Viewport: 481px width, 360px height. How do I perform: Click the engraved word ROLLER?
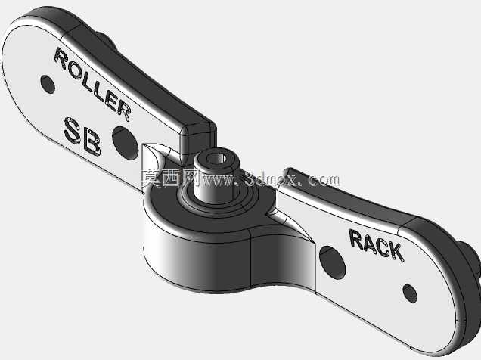(92, 83)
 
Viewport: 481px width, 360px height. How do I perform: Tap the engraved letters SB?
(82, 137)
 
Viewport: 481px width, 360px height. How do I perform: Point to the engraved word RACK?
(376, 245)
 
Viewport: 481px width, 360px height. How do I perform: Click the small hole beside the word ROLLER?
(48, 84)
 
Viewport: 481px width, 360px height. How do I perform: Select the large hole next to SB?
(125, 143)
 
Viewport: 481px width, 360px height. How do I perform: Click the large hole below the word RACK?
(333, 262)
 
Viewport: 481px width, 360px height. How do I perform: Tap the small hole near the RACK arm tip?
(410, 293)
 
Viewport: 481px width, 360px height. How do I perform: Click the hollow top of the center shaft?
(216, 159)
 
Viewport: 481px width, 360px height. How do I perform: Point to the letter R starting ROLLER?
(61, 58)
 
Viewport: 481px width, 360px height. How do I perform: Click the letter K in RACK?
(396, 252)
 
